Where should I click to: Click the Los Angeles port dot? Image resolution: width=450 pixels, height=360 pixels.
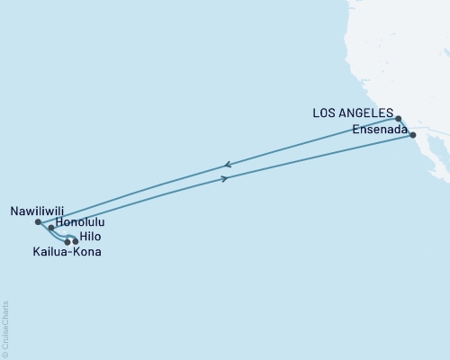[398, 118]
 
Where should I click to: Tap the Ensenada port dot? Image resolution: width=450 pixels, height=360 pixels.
[413, 135]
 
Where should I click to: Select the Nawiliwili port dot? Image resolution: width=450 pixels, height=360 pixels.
[37, 221]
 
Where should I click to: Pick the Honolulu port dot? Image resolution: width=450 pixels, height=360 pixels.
[51, 229]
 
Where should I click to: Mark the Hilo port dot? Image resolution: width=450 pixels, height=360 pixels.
[76, 241]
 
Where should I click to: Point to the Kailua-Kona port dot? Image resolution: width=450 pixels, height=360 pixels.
[67, 241]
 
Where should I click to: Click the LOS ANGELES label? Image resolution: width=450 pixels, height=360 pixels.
[353, 113]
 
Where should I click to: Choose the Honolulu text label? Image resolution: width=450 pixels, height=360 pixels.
[81, 221]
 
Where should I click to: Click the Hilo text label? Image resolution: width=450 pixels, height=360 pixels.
[91, 236]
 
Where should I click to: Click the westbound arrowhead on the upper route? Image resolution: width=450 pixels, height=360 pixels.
[227, 165]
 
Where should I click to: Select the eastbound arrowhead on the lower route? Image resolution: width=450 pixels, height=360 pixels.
[224, 179]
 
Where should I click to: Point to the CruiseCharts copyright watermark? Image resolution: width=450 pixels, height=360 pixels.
[5, 328]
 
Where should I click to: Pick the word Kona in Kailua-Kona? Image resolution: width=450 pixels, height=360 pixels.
[86, 253]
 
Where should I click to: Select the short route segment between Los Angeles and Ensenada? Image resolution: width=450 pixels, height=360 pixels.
[406, 127]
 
